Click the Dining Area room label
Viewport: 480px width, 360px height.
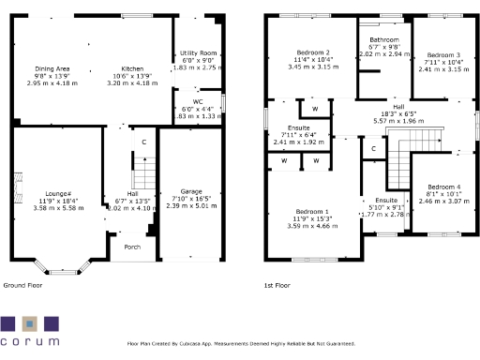point(52,68)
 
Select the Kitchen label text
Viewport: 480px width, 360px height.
point(132,68)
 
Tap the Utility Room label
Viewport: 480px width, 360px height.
point(198,53)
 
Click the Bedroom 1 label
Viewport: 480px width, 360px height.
point(313,212)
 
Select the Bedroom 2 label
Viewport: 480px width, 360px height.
point(313,52)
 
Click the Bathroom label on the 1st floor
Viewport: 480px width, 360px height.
point(385,40)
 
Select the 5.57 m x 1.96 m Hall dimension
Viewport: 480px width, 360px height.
point(398,121)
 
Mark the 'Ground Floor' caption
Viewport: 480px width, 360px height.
point(22,284)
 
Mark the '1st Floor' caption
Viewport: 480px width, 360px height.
point(278,284)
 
